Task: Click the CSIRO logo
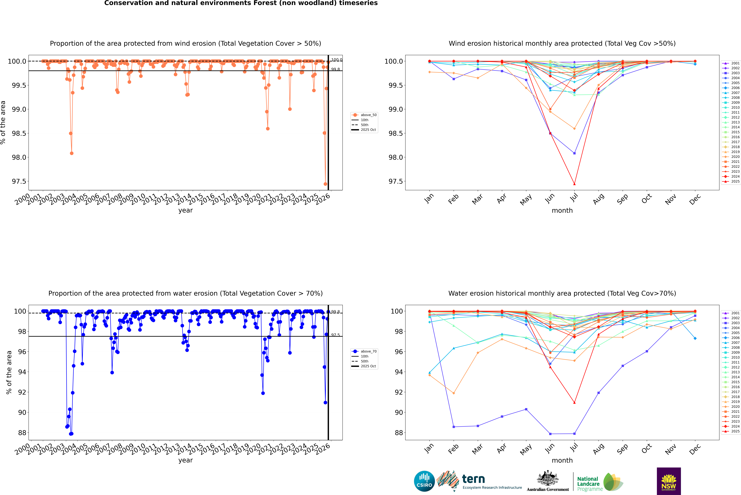click(x=424, y=481)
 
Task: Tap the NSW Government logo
click(x=669, y=481)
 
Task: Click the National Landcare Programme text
click(x=588, y=484)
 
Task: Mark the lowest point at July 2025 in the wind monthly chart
click(x=574, y=184)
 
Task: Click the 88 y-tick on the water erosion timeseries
click(x=22, y=433)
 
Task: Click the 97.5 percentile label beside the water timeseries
click(x=335, y=335)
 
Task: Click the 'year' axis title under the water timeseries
click(x=185, y=460)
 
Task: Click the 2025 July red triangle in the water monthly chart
click(x=574, y=402)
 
